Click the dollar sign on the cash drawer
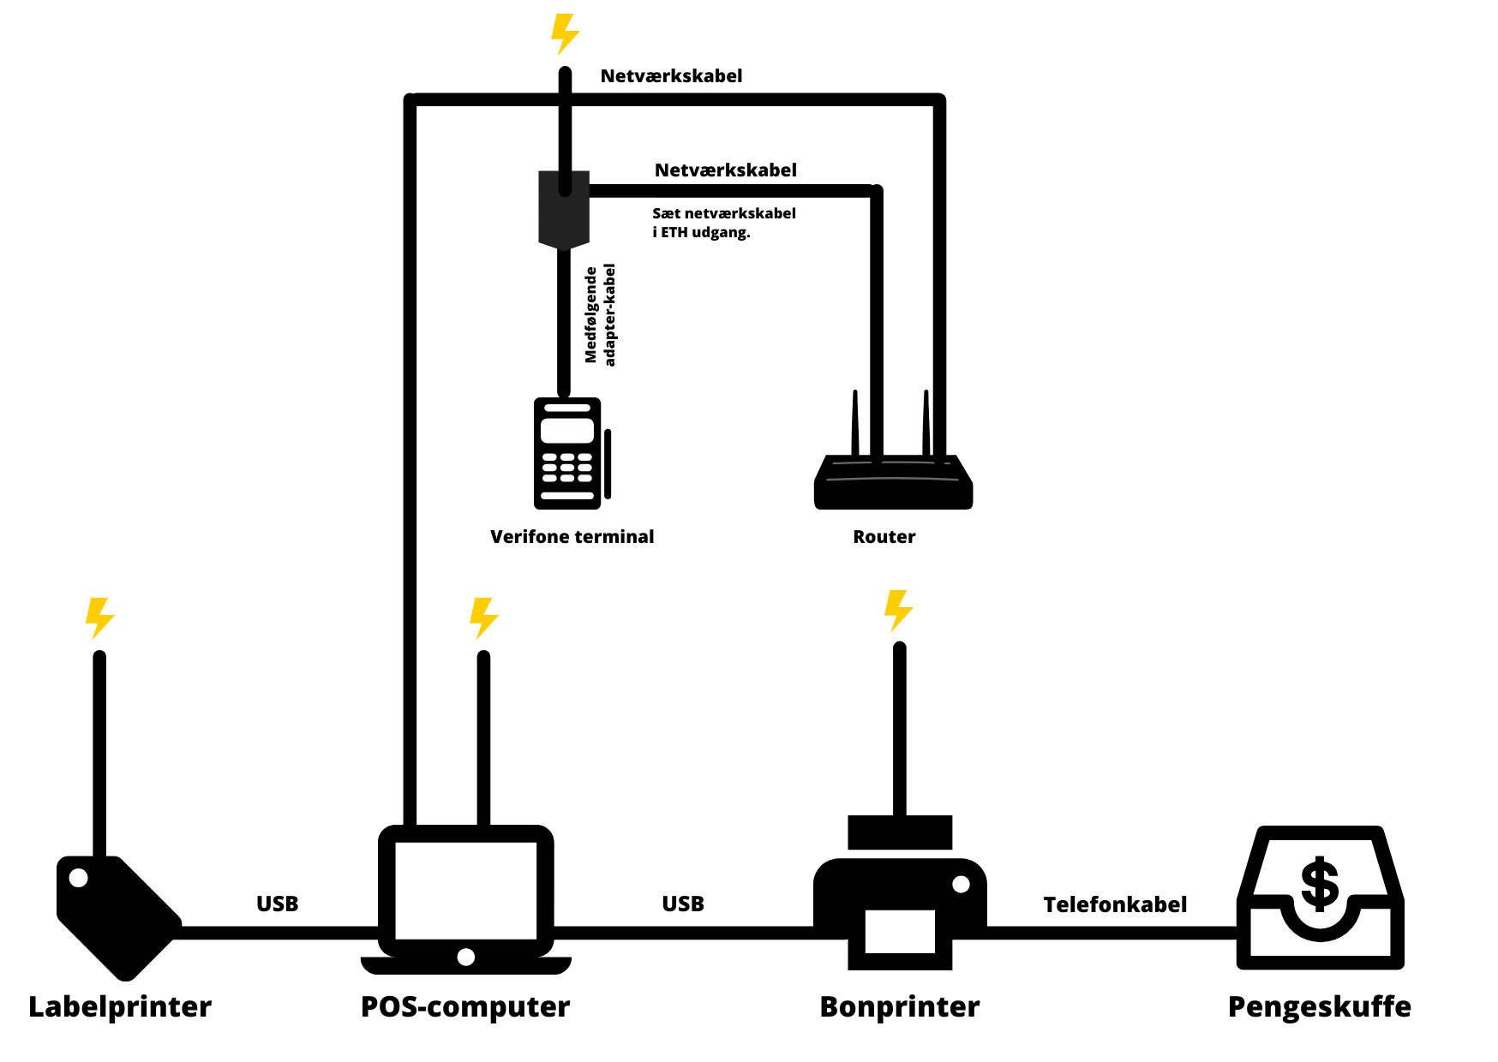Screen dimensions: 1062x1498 coord(1320,884)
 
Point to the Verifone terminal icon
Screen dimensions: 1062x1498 coord(568,453)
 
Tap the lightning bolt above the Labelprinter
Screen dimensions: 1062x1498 coord(99,618)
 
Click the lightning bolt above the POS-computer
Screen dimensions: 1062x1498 coord(483,618)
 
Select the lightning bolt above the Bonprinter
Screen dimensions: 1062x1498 coord(898,611)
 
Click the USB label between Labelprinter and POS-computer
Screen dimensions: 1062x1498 coord(278,904)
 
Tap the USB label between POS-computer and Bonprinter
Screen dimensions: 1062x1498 coord(683,904)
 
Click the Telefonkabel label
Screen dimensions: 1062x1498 coord(1115,904)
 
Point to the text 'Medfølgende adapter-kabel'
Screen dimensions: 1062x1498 coord(600,314)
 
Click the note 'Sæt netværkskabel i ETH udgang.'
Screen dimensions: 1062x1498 coord(724,222)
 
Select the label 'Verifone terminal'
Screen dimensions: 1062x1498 coord(572,537)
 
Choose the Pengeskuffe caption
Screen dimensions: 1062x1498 coord(1319,1006)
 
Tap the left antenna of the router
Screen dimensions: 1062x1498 coord(855,424)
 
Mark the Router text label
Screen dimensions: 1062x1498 coord(884,537)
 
